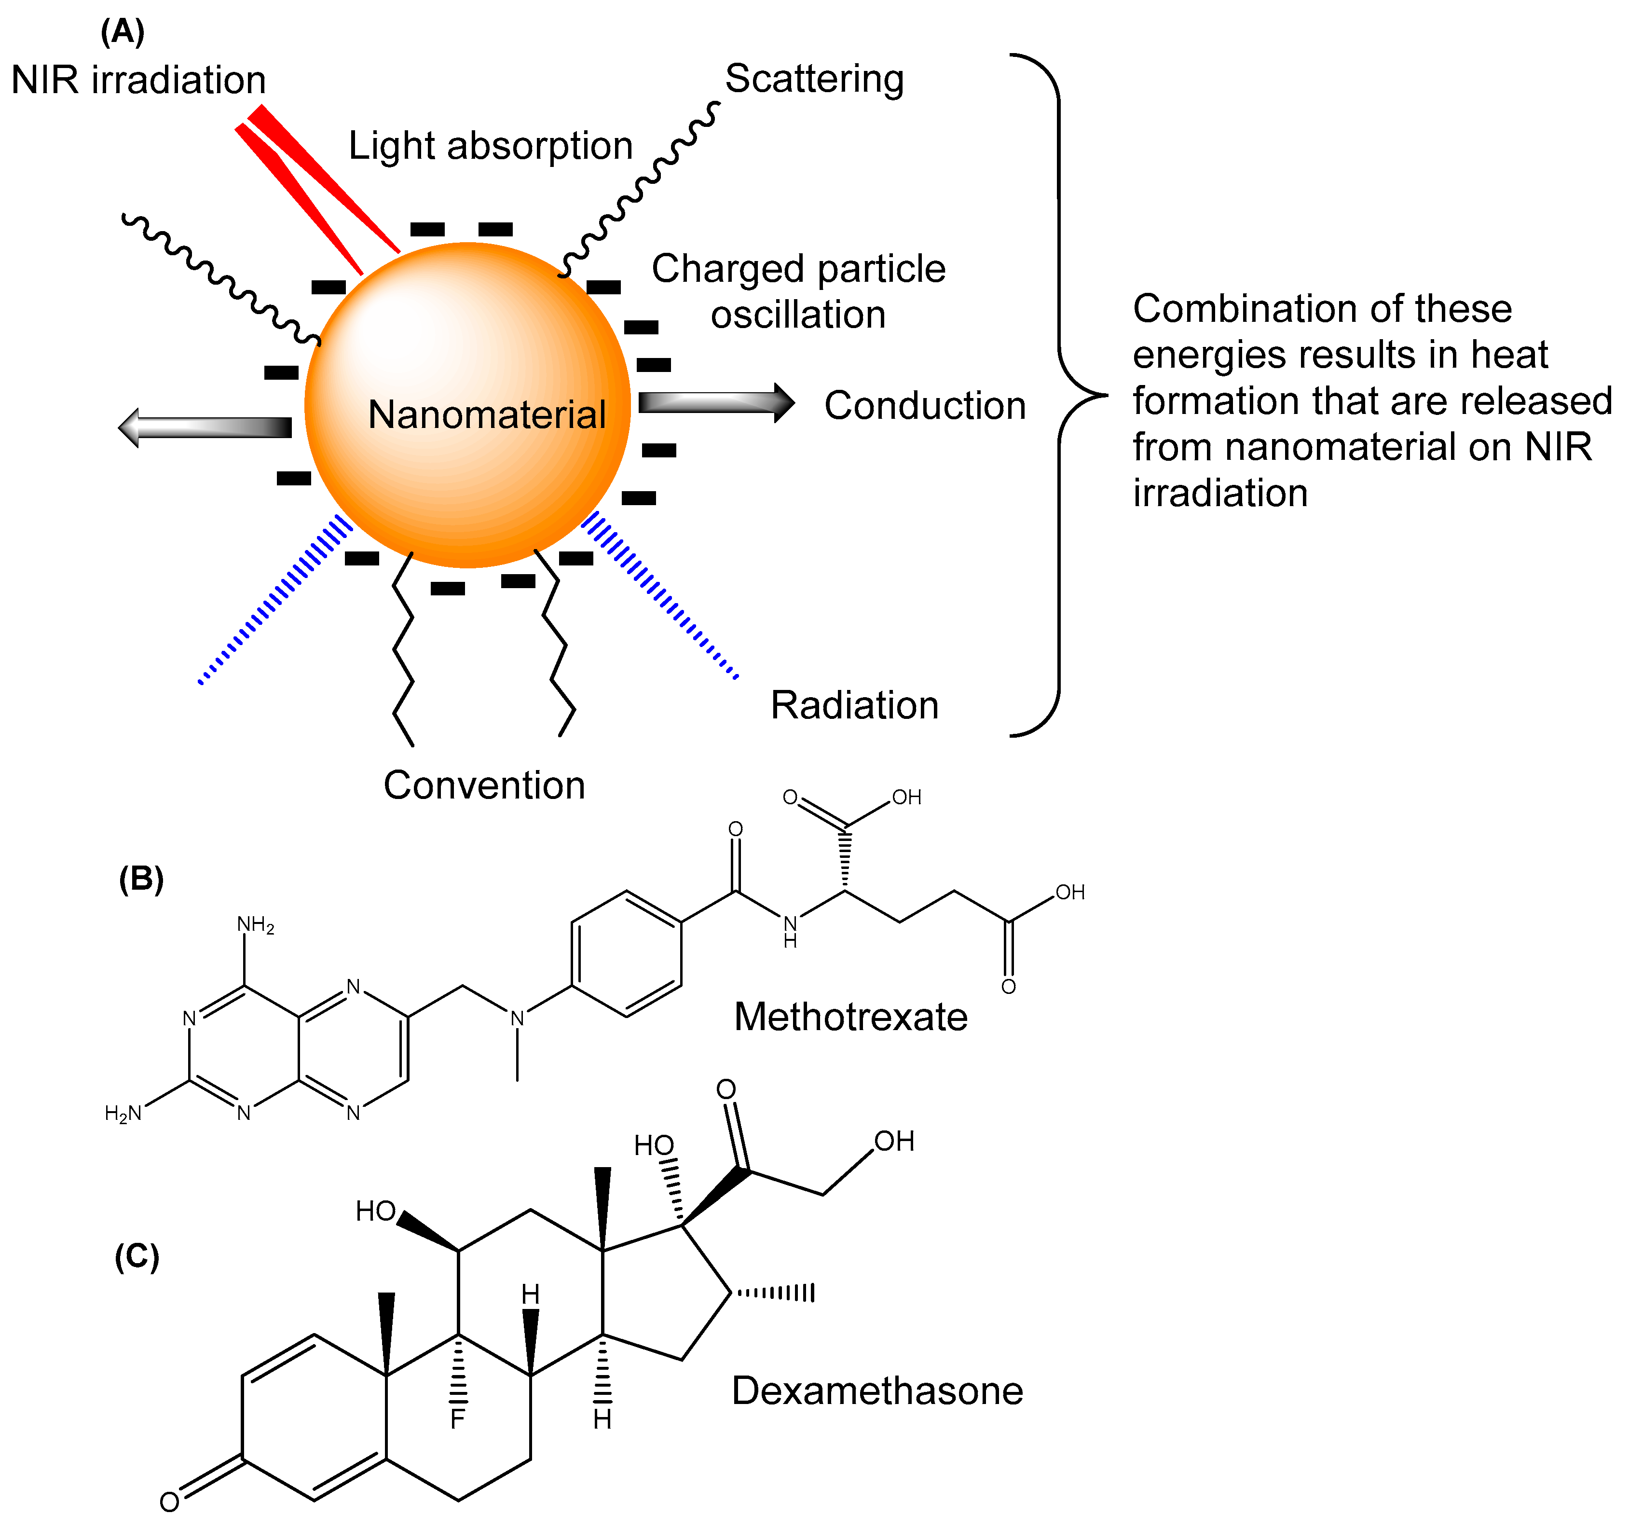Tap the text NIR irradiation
[138, 81]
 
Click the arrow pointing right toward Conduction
[715, 402]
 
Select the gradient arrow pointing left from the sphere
[205, 427]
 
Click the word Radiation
[854, 705]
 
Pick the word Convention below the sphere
[484, 785]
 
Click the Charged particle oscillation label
[798, 291]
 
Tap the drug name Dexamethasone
[877, 1391]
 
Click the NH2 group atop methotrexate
[255, 925]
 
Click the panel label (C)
[137, 1256]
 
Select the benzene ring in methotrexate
[626, 953]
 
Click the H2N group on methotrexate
[123, 1113]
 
